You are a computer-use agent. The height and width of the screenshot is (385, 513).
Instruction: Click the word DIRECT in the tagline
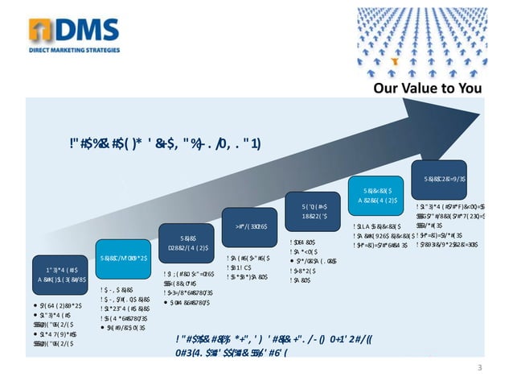pyautogui.click(x=39, y=50)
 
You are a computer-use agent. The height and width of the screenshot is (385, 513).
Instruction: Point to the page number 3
pyautogui.click(x=479, y=368)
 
